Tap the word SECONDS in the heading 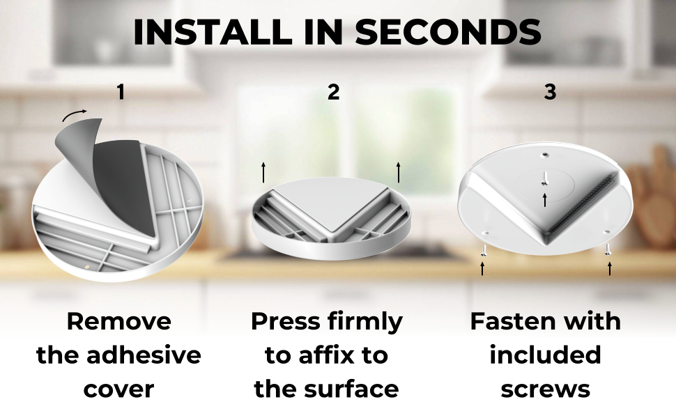(448, 32)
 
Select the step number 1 (121, 92)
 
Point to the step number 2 (333, 92)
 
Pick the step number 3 (550, 92)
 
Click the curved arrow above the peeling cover (74, 115)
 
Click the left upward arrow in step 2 (263, 172)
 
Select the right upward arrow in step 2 (399, 172)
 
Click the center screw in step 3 (544, 178)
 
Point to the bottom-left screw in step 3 (483, 249)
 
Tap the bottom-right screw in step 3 (608, 249)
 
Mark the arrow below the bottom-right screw (610, 268)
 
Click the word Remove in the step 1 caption (119, 321)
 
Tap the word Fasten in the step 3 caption (505, 321)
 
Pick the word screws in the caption (546, 389)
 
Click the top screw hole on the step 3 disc (545, 153)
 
